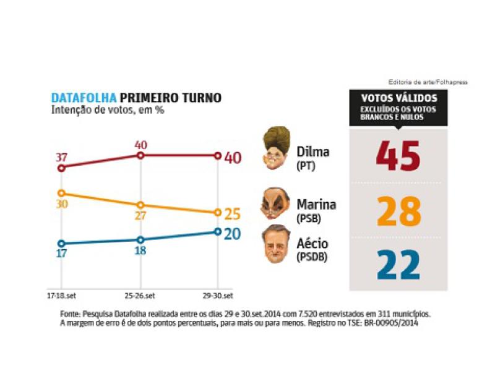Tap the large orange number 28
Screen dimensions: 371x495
398,211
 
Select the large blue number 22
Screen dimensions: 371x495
398,264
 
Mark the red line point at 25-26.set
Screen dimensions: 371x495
140,156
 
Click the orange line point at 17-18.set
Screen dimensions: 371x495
61,193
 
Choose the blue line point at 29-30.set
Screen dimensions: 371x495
217,232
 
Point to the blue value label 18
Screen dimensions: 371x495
140,252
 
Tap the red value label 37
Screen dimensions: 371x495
61,157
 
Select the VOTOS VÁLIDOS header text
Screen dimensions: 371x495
398,98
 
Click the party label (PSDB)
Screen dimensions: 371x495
311,257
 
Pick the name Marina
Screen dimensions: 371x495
316,204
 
